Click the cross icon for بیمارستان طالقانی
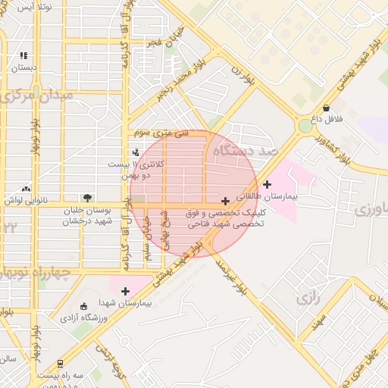point(267,184)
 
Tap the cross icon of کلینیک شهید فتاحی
point(225,201)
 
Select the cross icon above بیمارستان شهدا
point(125,291)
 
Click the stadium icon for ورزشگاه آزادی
point(83,305)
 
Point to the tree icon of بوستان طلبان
point(87,198)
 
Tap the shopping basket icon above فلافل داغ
point(326,108)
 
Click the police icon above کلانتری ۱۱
point(136,153)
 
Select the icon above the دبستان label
point(23,55)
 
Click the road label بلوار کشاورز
point(339,145)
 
